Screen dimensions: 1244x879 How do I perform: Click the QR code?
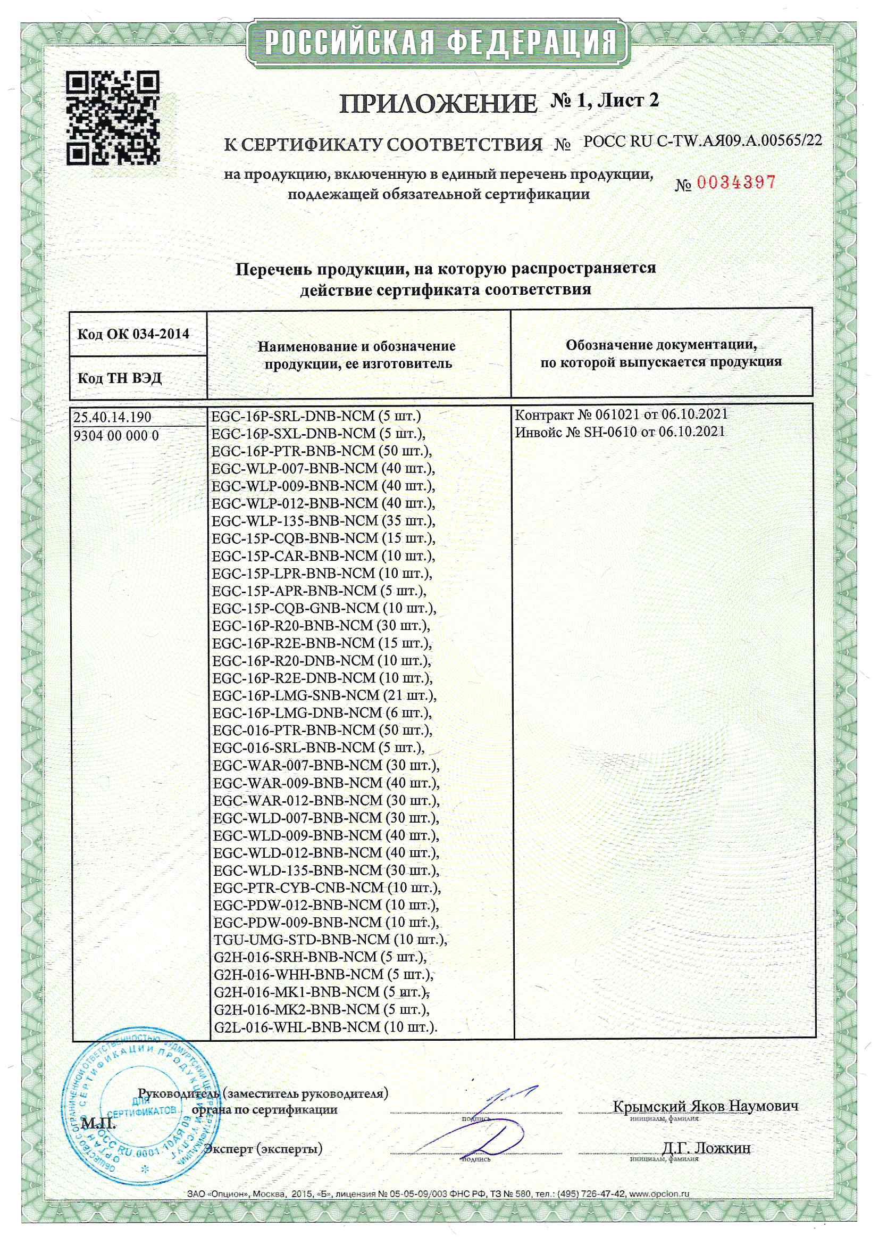[x=113, y=118]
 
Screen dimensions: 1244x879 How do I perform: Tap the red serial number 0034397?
[x=736, y=183]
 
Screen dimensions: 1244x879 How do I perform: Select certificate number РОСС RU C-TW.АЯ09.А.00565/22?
[x=702, y=142]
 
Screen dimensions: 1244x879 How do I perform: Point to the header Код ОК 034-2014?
[x=133, y=334]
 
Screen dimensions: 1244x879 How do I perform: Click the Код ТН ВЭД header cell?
[x=120, y=378]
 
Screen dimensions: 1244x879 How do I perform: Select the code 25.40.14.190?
[x=113, y=417]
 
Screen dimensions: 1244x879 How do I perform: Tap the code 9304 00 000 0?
[x=116, y=436]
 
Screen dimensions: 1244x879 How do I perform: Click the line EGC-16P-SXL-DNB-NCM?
[x=318, y=434]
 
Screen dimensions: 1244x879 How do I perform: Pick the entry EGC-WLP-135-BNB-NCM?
[x=323, y=521]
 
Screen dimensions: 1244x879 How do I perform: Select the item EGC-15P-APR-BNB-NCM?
[x=319, y=591]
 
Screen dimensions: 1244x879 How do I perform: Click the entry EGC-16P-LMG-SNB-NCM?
[x=324, y=695]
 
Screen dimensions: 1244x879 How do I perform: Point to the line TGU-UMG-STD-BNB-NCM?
[x=330, y=940]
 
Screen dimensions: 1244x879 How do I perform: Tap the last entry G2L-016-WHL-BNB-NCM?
[x=325, y=1027]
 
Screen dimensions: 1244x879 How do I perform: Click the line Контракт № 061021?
[x=621, y=415]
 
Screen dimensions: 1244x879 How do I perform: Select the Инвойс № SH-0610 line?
[x=620, y=432]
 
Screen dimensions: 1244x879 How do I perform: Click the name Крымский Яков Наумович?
[x=705, y=1106]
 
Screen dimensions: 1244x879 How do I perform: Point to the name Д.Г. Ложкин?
[x=706, y=1148]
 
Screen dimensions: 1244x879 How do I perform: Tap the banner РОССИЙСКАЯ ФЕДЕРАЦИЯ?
[x=439, y=42]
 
